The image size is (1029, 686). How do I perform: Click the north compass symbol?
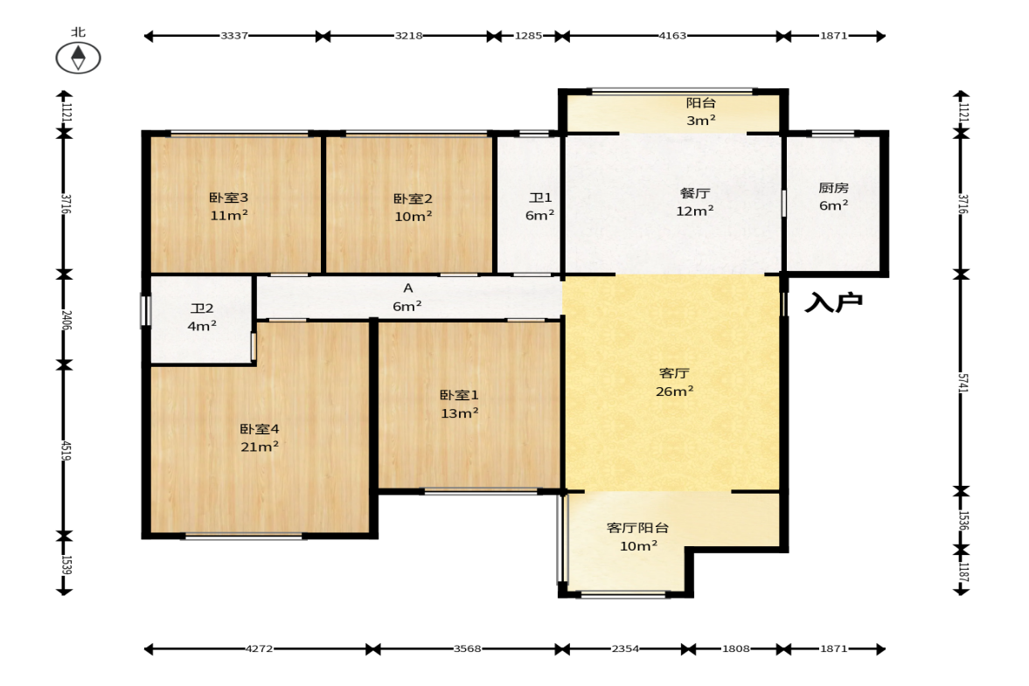[78, 57]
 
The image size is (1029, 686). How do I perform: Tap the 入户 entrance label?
[833, 302]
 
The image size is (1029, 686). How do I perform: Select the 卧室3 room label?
[228, 197]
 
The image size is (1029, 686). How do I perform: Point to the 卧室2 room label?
[413, 198]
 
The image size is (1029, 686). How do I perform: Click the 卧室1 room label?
[459, 396]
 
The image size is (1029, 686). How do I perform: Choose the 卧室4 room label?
[260, 429]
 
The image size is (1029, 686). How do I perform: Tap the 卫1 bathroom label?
[540, 197]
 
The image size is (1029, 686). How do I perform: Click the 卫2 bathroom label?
[201, 308]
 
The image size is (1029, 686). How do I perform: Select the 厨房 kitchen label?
[833, 188]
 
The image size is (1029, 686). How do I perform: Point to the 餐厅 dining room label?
[694, 193]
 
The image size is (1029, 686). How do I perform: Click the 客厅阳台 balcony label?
[638, 528]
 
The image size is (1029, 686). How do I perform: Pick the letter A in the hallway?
[407, 288]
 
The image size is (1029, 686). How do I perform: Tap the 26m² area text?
[675, 391]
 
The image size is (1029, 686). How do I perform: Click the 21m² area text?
[260, 447]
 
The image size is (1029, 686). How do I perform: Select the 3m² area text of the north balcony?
[701, 120]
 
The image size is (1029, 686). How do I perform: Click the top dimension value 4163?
[672, 36]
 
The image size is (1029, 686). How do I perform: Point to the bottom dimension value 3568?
[467, 648]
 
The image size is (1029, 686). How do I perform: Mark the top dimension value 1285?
[528, 36]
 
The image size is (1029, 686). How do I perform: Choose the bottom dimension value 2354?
[625, 648]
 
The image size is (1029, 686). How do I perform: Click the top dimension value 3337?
[234, 36]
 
